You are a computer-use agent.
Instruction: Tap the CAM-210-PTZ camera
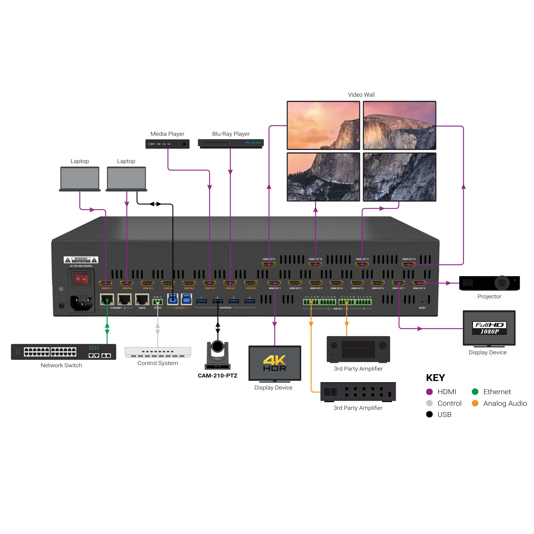tap(218, 355)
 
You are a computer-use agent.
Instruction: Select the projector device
tap(489, 283)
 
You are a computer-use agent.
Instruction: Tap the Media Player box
tap(167, 144)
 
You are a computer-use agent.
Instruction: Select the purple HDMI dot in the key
tap(429, 392)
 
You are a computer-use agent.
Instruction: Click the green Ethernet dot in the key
tap(475, 392)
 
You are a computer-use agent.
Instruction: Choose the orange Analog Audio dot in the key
tap(475, 403)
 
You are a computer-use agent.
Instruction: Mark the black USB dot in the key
tap(429, 414)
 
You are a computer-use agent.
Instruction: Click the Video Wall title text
tap(361, 95)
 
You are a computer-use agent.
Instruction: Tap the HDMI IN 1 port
tap(105, 283)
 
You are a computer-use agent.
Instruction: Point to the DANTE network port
tap(142, 299)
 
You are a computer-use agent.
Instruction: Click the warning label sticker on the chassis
tap(81, 260)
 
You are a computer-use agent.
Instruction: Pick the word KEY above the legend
tap(435, 378)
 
